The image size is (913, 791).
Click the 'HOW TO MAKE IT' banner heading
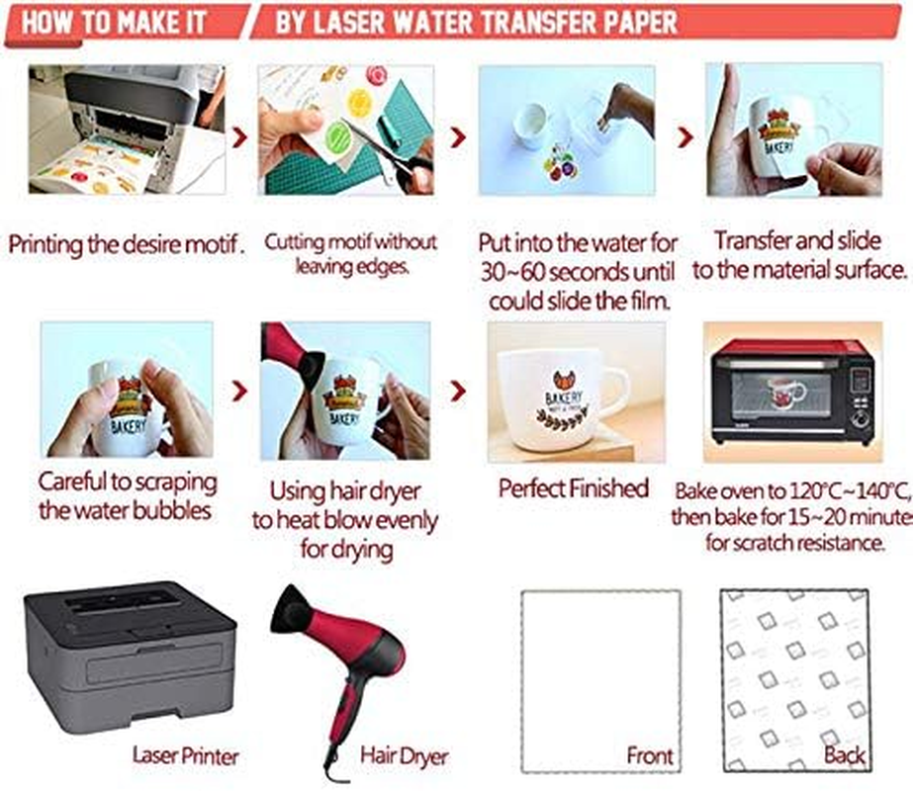[x=115, y=23]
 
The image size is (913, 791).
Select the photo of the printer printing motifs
[x=126, y=129]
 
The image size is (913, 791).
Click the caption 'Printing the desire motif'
[x=126, y=243]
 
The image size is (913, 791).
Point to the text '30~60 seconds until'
[x=579, y=271]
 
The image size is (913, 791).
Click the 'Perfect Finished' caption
[x=574, y=487]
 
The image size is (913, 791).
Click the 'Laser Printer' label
[x=186, y=756]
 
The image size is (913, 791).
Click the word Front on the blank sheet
[x=650, y=756]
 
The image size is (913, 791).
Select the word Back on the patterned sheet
[x=844, y=756]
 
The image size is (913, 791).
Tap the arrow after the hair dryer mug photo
[x=458, y=392]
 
